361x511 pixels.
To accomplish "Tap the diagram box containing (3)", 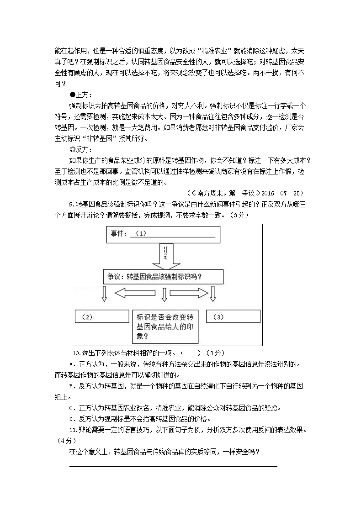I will click(233, 316).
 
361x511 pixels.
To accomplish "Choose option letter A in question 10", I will click(71, 364).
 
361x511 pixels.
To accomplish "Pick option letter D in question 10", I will click(71, 419).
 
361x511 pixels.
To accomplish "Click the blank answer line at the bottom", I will click(173, 466).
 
